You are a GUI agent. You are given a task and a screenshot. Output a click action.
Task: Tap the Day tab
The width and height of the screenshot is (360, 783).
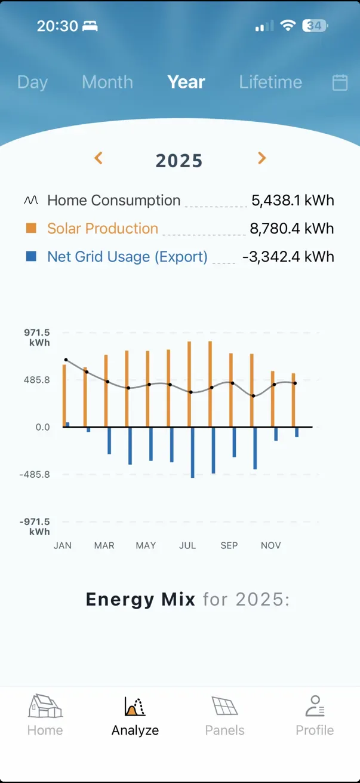[x=32, y=82]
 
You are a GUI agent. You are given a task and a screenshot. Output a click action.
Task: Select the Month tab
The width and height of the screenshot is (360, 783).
[x=107, y=82]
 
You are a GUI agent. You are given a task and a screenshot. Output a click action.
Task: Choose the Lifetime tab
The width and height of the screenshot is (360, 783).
[x=270, y=82]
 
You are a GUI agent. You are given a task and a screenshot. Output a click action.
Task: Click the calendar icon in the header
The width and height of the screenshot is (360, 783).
[x=340, y=82]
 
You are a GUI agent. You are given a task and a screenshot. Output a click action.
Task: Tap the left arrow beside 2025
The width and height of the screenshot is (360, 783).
[x=99, y=158]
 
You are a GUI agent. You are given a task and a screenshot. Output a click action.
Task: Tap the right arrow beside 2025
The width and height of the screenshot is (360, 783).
[x=261, y=158]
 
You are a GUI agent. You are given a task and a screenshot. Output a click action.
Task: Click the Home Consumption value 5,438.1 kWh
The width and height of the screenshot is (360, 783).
[x=293, y=201]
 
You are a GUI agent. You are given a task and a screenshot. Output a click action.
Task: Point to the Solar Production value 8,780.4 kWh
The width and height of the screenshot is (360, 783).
[x=292, y=229]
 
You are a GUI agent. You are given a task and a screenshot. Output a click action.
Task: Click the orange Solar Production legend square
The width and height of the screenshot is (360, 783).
[x=31, y=228]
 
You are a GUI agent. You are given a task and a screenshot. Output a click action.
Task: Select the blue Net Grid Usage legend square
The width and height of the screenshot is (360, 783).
[x=31, y=256]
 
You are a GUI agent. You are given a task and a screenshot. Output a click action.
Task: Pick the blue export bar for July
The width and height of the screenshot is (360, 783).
[x=192, y=452]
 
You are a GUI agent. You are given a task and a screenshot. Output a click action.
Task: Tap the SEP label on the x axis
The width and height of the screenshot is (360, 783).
[x=229, y=545]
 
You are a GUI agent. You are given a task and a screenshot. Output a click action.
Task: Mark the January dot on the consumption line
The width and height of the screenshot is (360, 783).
[x=66, y=360]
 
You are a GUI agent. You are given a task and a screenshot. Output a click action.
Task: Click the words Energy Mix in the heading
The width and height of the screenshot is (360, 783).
[x=140, y=599]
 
